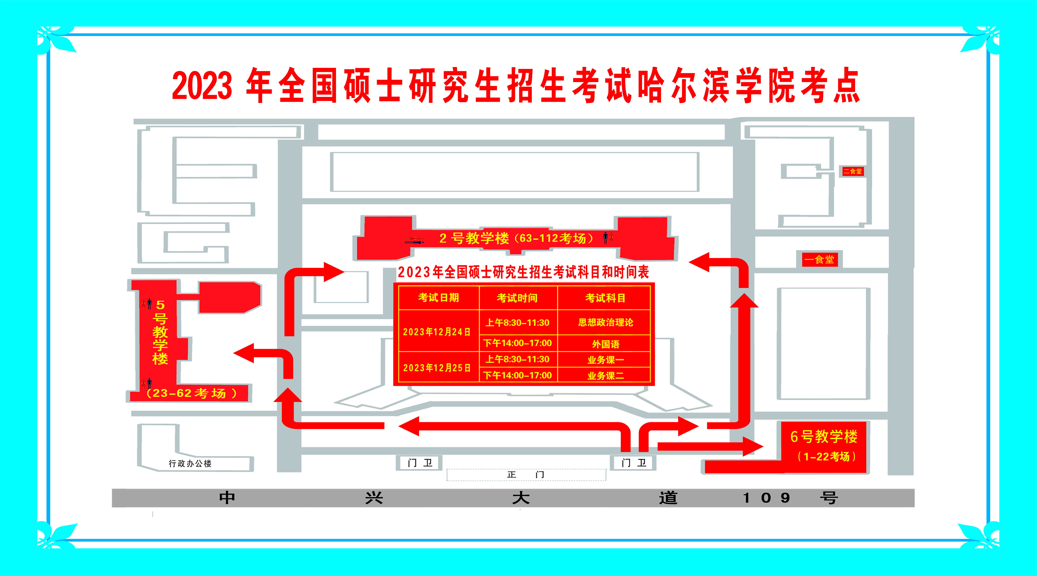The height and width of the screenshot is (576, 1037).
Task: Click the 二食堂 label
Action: click(853, 171)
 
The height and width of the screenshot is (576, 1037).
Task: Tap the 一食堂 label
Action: click(819, 260)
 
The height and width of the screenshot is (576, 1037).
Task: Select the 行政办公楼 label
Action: click(190, 463)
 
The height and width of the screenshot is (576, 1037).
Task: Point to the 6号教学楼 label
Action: click(824, 436)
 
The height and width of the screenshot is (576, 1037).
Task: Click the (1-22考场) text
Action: click(826, 457)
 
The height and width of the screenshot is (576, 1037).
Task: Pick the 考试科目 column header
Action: click(605, 298)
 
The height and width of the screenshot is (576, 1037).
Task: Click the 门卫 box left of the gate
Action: click(420, 463)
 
